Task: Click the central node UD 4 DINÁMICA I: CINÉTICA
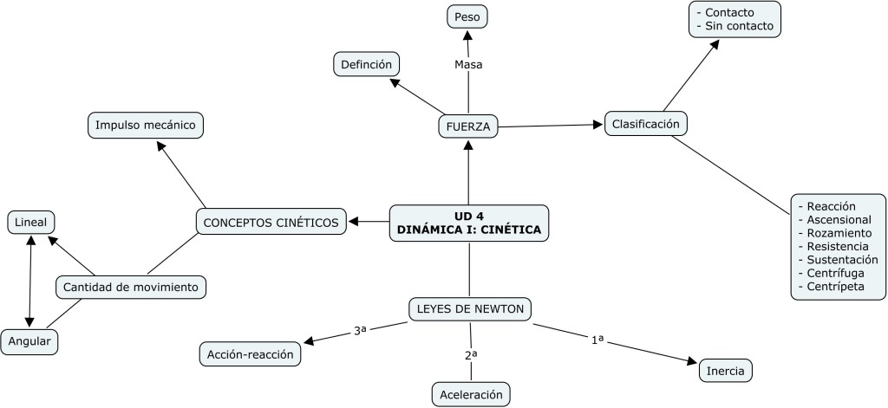click(468, 223)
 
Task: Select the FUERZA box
click(468, 126)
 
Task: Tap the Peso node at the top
click(467, 16)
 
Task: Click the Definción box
click(367, 63)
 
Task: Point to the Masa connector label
click(468, 64)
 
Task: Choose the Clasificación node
click(645, 124)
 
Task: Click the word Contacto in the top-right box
click(728, 13)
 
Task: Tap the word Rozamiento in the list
click(839, 233)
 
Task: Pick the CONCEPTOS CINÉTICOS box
click(271, 223)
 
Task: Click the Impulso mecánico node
click(146, 125)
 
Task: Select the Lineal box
click(30, 223)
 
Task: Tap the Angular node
click(29, 342)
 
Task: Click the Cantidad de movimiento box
click(131, 286)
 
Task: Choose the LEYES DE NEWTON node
click(469, 308)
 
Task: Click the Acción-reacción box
click(250, 353)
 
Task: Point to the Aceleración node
click(471, 394)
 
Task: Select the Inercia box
click(725, 371)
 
